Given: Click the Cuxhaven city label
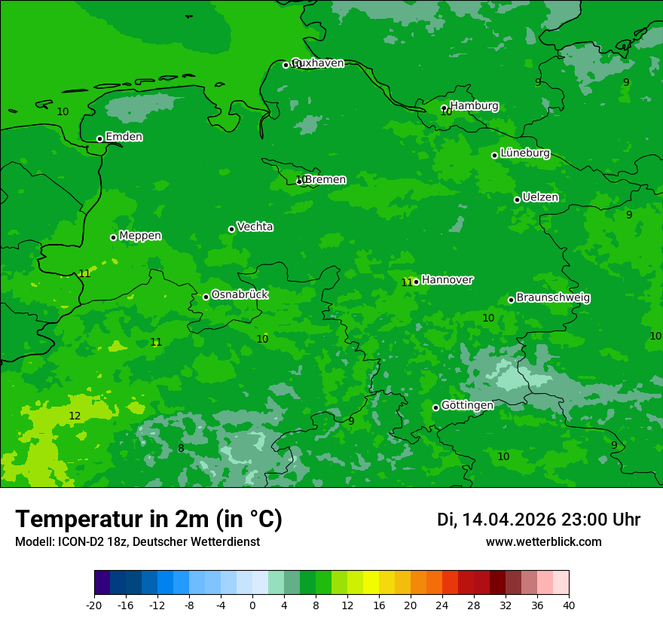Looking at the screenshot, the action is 318,63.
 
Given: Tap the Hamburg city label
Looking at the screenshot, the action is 474,106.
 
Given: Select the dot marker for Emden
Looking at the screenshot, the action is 99,139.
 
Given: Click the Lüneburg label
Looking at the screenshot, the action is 524,153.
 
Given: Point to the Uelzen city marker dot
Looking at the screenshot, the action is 517,200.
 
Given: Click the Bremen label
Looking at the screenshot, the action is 325,180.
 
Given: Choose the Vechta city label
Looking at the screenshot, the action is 255,227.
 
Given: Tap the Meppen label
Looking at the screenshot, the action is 140,236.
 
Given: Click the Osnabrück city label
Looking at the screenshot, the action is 240,294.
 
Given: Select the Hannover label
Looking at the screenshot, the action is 447,280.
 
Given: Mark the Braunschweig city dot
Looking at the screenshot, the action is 511,300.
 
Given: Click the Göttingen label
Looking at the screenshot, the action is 467,405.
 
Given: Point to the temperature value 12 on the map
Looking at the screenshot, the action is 75,416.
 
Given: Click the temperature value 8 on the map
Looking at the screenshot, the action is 181,448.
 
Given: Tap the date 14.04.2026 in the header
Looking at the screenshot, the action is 509,520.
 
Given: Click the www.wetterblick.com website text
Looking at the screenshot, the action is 543,542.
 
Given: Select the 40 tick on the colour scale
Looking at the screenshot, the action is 569,605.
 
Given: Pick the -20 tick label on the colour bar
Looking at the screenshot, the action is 94,605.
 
